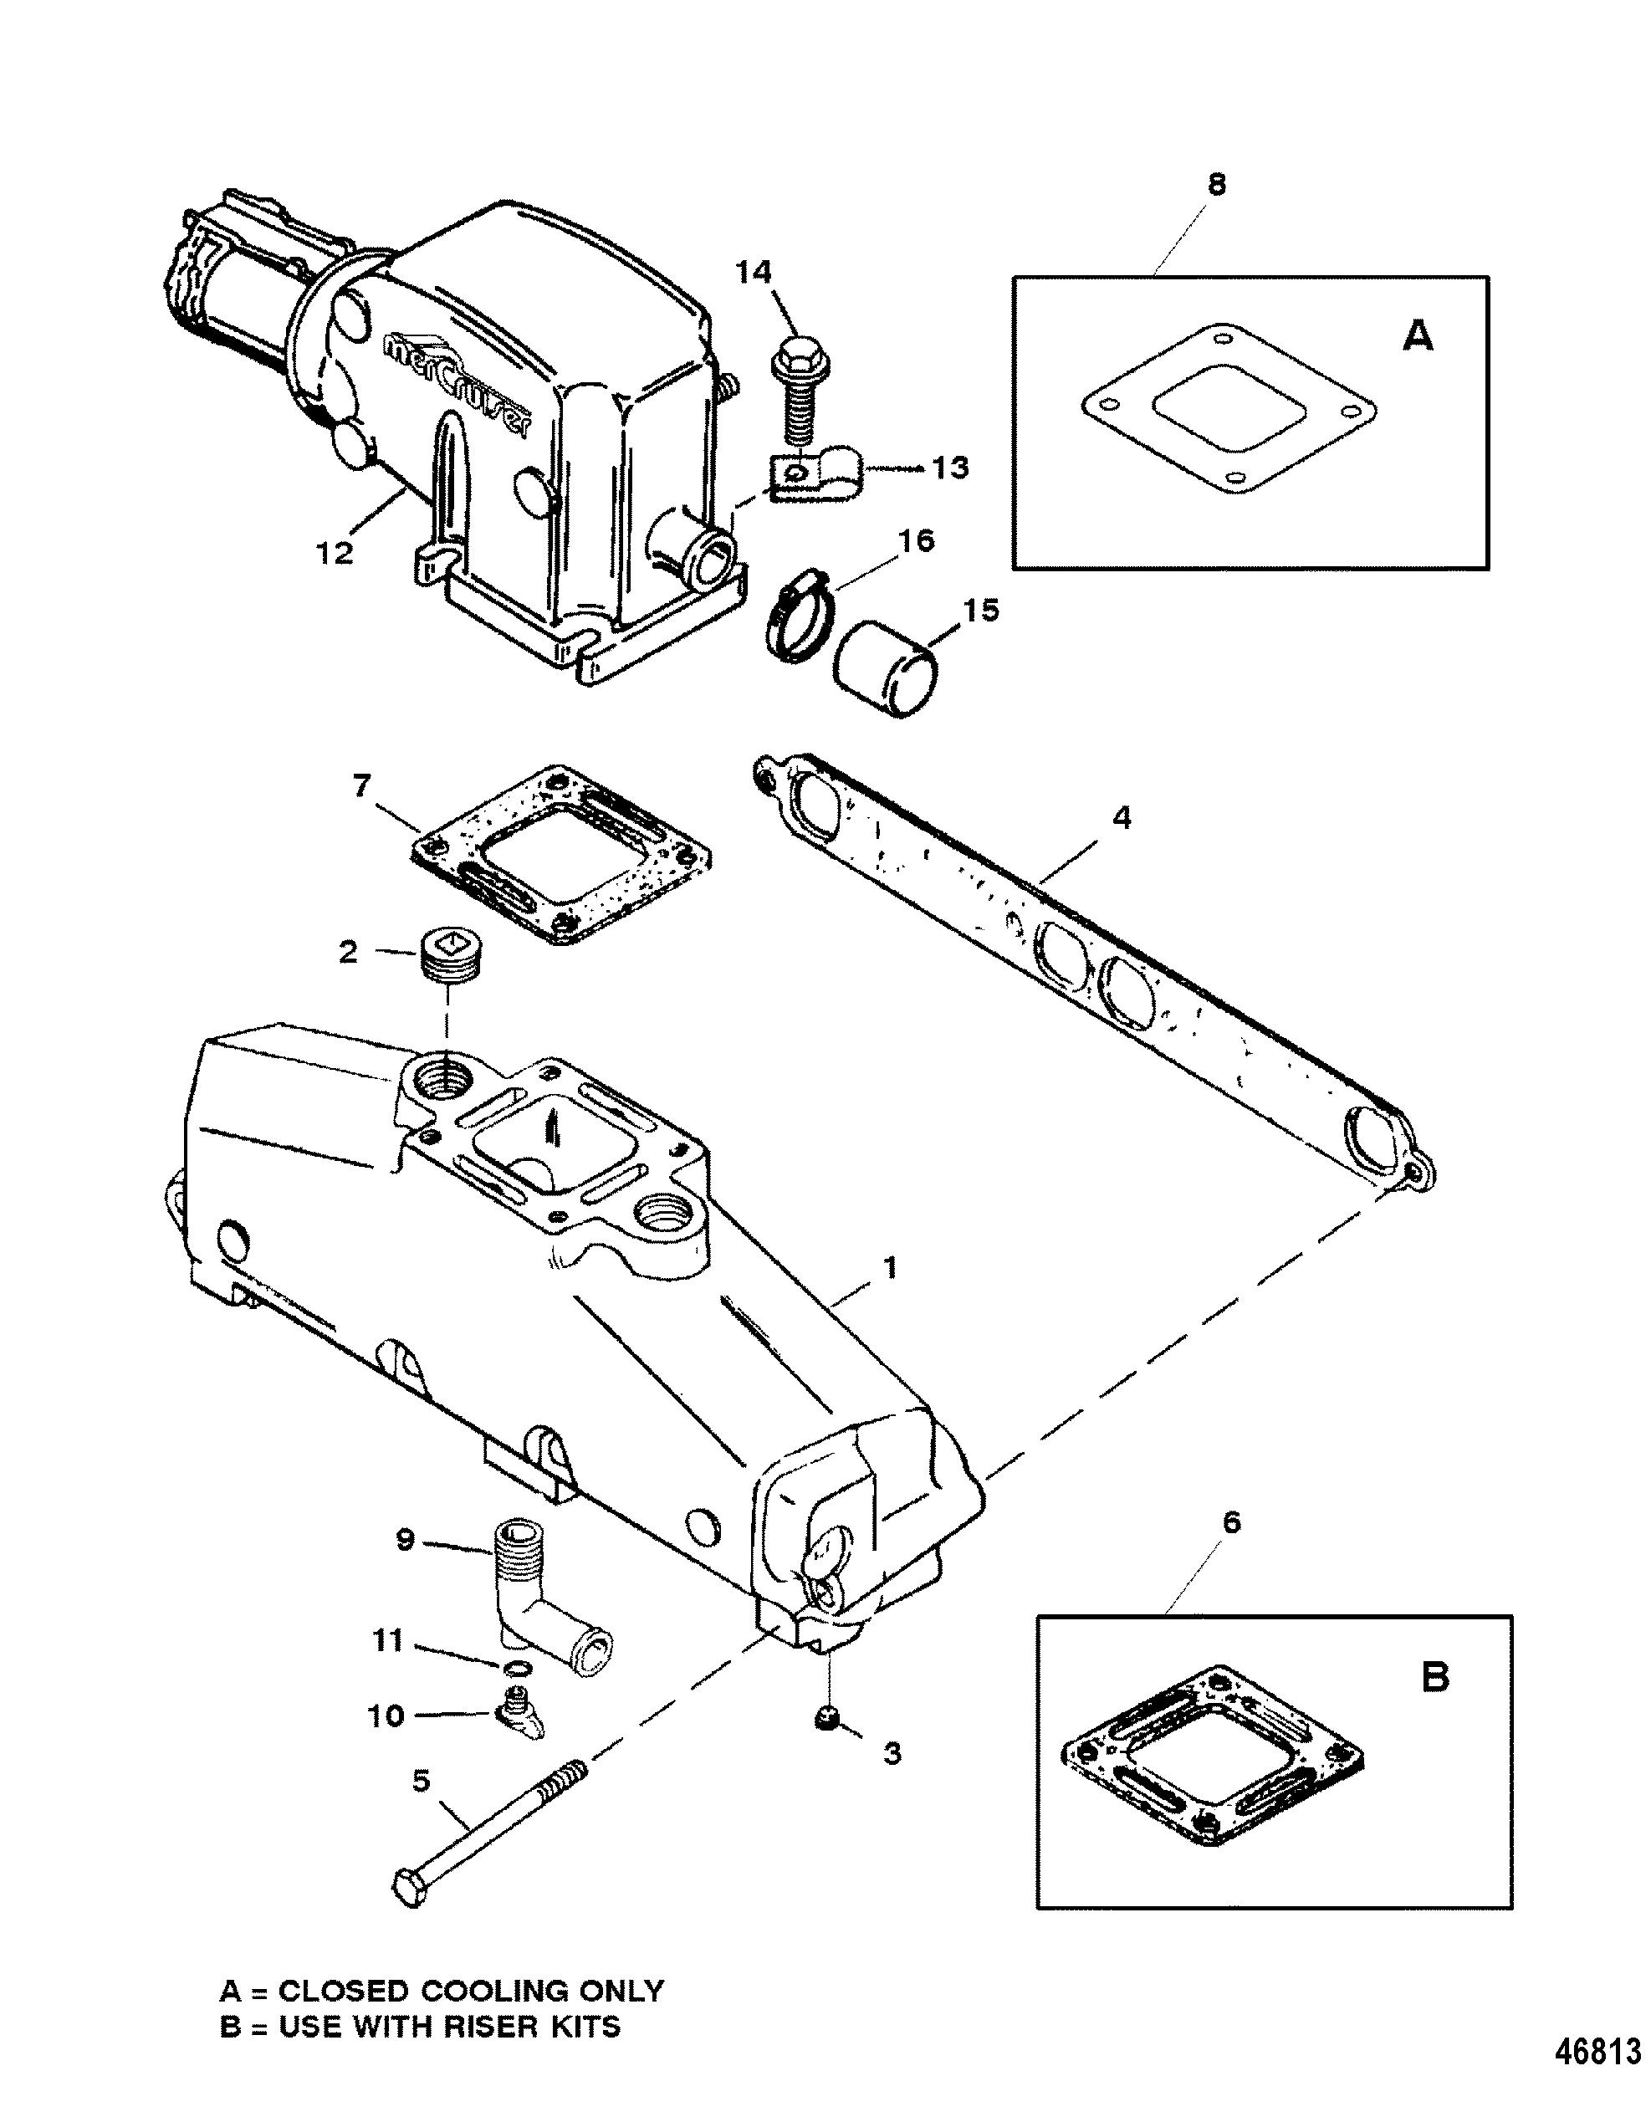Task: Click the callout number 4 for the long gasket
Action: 1121,818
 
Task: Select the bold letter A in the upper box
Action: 1418,336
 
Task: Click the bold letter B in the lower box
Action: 1435,1678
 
